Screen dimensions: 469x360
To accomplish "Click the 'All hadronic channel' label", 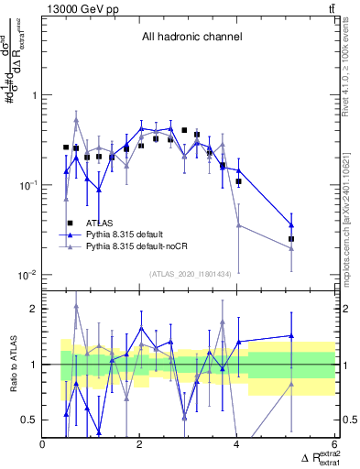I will pos(191,38).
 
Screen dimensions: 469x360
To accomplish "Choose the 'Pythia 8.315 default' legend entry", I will pos(129,234).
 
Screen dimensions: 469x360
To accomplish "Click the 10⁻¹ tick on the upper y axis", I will pos(27,185).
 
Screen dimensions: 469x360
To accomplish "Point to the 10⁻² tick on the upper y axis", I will pos(27,275).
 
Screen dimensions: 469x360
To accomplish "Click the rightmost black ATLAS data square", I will pos(291,239).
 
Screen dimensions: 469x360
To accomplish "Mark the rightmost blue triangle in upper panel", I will pos(291,224).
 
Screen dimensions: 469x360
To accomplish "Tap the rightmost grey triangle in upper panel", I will pos(291,248).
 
